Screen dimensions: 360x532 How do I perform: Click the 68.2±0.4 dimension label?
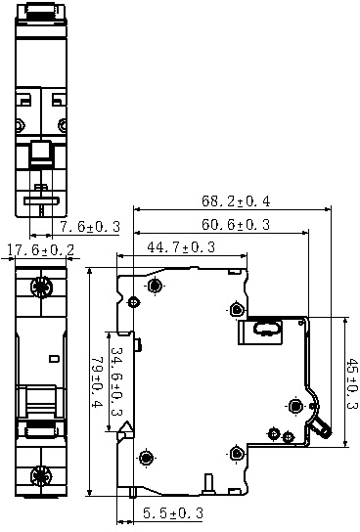(x=236, y=200)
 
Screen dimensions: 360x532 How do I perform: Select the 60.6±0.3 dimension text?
(x=236, y=224)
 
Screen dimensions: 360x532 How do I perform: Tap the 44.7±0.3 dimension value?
(x=181, y=247)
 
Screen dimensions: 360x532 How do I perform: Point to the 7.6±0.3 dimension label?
(x=90, y=226)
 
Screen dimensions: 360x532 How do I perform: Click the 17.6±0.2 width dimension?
(x=40, y=250)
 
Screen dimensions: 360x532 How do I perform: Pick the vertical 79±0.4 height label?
(x=97, y=382)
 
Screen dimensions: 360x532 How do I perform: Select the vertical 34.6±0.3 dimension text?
(x=116, y=381)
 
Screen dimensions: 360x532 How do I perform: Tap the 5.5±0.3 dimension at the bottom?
(x=173, y=513)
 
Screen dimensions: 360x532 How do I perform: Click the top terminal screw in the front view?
(x=41, y=288)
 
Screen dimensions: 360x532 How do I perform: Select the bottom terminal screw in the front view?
(x=41, y=475)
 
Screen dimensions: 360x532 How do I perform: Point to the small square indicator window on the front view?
(x=53, y=358)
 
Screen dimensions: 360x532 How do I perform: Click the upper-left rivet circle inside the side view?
(x=156, y=286)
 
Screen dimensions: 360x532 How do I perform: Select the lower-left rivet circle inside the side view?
(x=146, y=458)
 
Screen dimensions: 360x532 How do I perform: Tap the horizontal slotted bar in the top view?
(x=41, y=201)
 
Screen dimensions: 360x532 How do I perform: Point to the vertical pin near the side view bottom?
(x=208, y=484)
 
